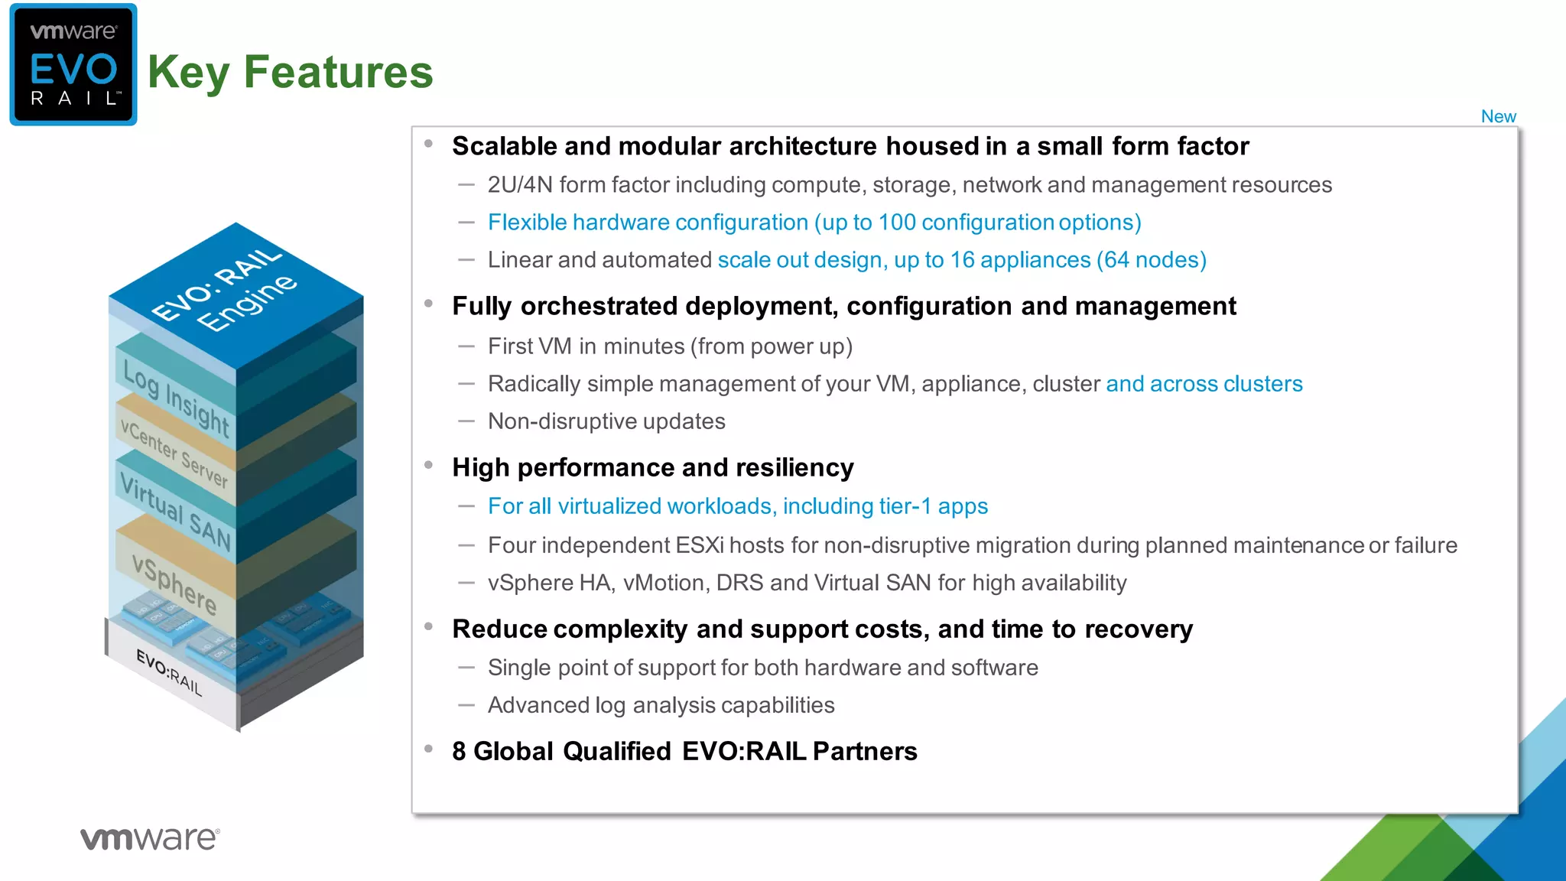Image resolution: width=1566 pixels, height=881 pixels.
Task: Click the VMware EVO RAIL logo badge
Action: [x=73, y=65]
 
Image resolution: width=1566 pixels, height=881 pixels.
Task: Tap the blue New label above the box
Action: [x=1498, y=116]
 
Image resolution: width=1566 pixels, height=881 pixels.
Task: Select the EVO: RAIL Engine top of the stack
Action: [x=229, y=294]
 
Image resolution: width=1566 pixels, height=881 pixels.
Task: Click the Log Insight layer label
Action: [x=176, y=399]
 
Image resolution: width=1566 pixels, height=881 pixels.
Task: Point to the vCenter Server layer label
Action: [x=174, y=454]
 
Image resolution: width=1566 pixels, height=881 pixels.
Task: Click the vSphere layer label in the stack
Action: [x=174, y=584]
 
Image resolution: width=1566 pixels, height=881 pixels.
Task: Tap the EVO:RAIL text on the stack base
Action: [x=170, y=672]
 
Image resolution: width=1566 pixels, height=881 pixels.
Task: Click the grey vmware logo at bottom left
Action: [x=150, y=838]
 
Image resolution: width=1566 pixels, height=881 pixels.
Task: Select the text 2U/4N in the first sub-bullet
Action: [x=520, y=185]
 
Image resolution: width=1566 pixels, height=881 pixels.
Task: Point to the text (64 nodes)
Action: [x=1151, y=260]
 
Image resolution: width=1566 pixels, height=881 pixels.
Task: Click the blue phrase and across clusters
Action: [x=1204, y=384]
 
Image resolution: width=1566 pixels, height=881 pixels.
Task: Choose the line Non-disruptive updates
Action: [x=606, y=421]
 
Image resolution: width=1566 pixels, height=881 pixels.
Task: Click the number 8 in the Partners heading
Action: [x=459, y=751]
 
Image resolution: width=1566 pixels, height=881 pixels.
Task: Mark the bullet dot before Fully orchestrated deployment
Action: [x=429, y=304]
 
